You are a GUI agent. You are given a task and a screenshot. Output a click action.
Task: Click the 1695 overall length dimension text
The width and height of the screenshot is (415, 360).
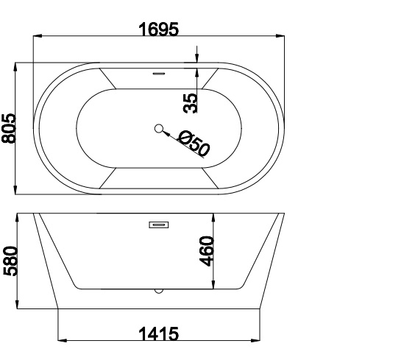click(x=159, y=29)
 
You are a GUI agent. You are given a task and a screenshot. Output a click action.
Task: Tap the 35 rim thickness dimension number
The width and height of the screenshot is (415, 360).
click(x=191, y=102)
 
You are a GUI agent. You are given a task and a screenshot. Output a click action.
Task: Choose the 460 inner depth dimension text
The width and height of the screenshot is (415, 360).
click(x=206, y=251)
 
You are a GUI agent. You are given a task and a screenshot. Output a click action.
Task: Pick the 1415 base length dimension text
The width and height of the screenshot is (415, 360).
click(x=159, y=333)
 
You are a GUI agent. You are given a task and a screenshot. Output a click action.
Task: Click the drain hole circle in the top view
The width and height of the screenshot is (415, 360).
click(x=158, y=129)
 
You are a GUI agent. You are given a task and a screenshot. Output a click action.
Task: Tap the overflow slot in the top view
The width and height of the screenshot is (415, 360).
click(x=158, y=73)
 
